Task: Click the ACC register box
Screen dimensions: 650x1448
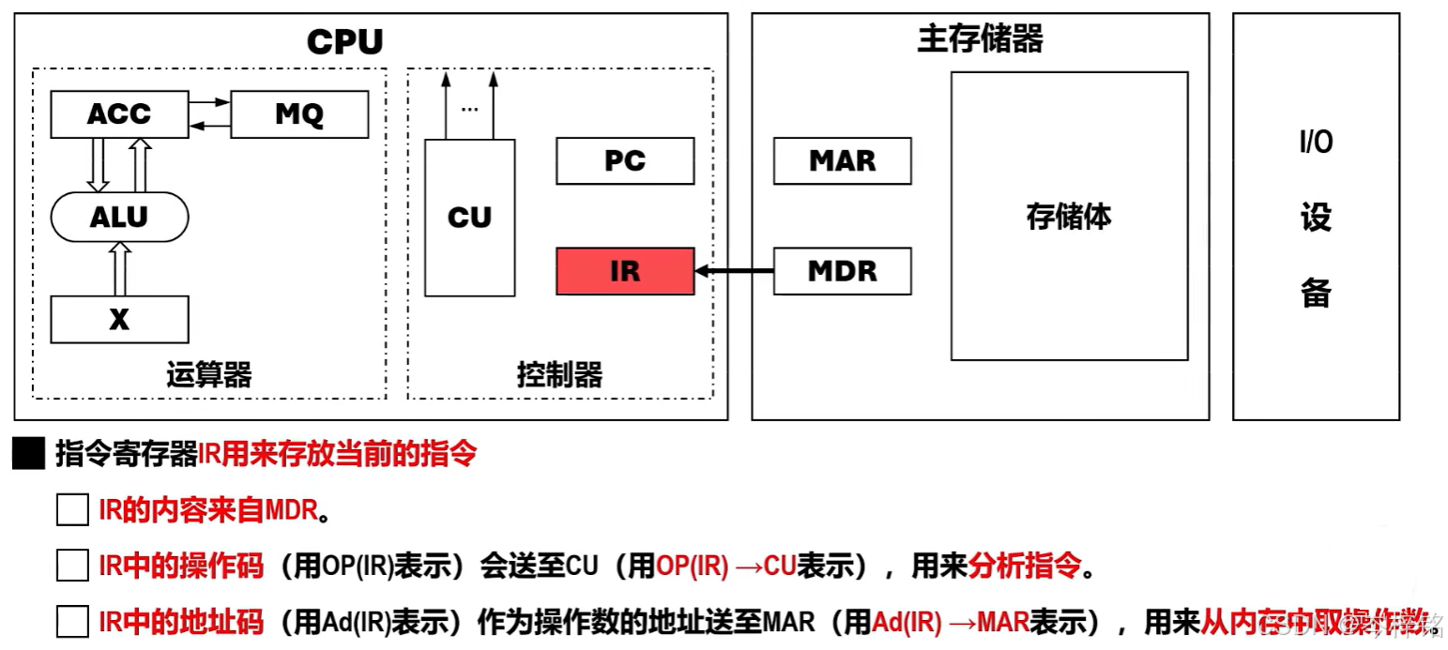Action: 119,114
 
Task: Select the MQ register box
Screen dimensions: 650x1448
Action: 299,114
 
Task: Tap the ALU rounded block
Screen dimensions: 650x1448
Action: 119,218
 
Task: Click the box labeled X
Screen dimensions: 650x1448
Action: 119,320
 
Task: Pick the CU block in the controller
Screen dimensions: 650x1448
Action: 469,218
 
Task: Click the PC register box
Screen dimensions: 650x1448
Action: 625,161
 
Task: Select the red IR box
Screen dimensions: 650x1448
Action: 625,271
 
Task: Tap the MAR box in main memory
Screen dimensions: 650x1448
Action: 842,161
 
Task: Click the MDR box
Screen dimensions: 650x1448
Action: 842,271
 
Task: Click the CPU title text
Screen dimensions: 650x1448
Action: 345,42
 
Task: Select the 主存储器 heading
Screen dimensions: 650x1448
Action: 980,39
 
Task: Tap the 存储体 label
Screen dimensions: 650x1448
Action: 1069,217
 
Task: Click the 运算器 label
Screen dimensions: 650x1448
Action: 208,375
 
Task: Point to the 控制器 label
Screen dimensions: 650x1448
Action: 559,375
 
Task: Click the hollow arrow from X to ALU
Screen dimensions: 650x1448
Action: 119,268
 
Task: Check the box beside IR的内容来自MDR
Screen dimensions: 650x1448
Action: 72,511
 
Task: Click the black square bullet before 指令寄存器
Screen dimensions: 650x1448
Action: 29,456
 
